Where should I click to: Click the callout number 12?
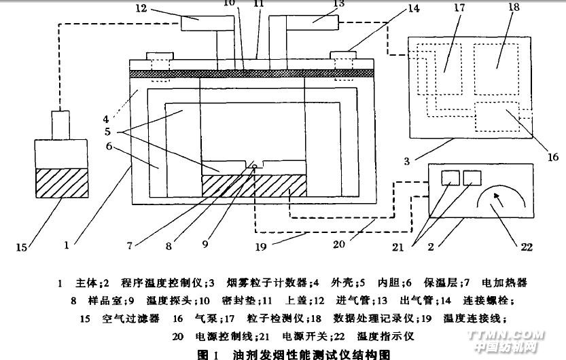click(141, 10)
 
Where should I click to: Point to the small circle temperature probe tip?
click(253, 167)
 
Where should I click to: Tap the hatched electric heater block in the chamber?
click(252, 185)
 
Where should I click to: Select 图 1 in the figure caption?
click(205, 354)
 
